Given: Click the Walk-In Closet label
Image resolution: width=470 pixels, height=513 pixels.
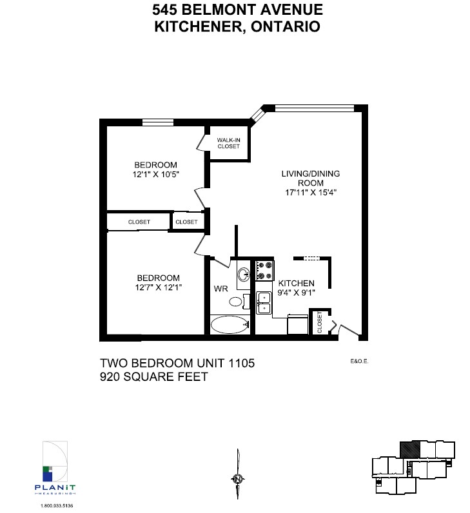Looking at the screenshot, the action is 228,143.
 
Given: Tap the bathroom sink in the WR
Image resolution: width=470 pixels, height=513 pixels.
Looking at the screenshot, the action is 244,274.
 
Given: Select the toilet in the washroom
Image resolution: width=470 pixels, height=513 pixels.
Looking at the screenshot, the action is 238,301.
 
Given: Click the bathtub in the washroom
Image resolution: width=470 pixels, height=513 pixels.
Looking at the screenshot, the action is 230,325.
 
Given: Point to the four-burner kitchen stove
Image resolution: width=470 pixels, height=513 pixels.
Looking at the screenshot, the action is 264,271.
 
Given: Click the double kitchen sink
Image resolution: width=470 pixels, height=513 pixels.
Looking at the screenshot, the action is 264,303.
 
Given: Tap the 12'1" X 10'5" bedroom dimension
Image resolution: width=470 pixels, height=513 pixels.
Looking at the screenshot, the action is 156,175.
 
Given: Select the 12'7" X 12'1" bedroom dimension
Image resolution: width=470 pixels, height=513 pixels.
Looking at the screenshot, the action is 159,287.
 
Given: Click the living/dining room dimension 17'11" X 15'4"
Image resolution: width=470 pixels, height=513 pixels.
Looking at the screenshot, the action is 311,192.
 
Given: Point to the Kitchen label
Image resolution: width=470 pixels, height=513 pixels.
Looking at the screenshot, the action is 296,284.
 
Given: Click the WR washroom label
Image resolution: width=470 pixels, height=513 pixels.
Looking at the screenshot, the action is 221,289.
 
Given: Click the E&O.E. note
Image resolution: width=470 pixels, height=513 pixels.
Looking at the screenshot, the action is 359,362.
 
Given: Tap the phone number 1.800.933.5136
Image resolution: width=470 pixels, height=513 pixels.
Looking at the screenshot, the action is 57,506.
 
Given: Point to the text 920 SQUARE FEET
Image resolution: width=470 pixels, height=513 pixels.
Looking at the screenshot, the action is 154,377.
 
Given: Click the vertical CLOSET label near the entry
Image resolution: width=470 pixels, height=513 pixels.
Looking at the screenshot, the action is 320,322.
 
